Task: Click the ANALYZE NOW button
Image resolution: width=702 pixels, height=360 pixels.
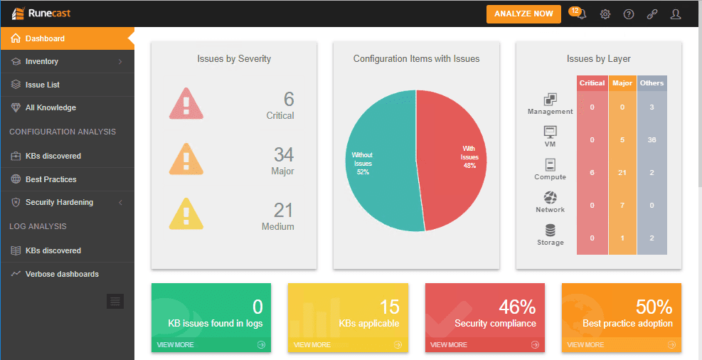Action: pos(523,14)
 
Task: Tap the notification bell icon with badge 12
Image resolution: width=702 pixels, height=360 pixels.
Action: pos(580,14)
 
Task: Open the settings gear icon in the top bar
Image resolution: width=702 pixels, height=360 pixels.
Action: pos(605,14)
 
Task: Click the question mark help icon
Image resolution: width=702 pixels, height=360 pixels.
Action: pos(629,14)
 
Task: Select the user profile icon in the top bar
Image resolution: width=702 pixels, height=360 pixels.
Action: pos(675,14)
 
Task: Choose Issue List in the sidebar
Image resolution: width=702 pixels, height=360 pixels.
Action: pos(43,85)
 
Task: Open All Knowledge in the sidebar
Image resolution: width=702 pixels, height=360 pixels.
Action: pos(50,107)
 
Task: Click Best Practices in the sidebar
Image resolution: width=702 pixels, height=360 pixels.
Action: pos(50,179)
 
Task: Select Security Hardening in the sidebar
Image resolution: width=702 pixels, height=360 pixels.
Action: pos(59,202)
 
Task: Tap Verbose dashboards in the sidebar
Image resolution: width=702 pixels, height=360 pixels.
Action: pos(62,274)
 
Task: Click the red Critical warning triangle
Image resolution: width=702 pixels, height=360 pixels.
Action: pos(186,104)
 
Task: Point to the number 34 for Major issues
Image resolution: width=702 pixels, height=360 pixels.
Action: pos(284,154)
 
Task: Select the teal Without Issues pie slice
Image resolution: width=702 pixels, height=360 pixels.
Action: pos(377,164)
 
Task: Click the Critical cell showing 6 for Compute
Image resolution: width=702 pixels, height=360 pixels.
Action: pos(592,172)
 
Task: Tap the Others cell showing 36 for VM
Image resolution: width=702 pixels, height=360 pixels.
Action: pos(652,139)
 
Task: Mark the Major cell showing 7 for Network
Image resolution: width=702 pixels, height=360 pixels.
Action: pos(622,205)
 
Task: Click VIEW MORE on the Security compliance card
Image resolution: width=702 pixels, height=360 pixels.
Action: pos(449,344)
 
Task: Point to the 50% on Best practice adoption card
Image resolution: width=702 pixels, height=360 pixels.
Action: pos(654,307)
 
